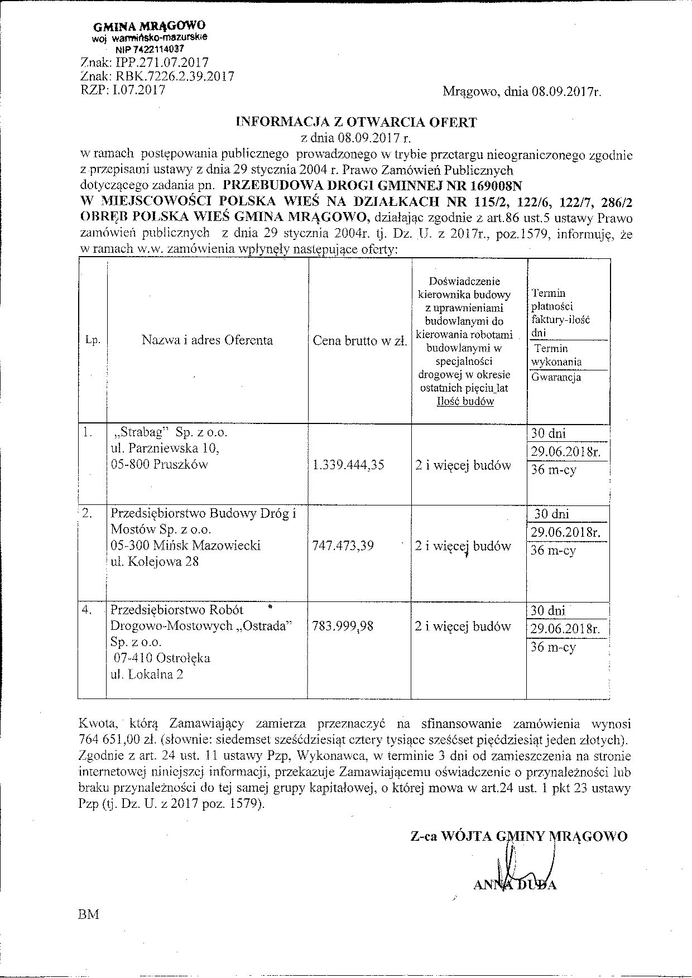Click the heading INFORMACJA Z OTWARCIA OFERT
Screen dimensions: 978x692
tap(357, 122)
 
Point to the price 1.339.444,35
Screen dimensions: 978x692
tap(349, 465)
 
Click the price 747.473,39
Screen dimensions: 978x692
tap(344, 546)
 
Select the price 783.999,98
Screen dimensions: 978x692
tap(344, 627)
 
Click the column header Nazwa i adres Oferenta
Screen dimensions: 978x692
tap(207, 340)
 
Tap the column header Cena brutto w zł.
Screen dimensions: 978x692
tap(360, 341)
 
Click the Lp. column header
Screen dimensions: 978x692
tap(93, 340)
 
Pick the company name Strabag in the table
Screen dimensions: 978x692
tap(136, 432)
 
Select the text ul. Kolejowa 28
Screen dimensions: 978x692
tap(155, 562)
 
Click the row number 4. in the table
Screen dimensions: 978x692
tap(87, 610)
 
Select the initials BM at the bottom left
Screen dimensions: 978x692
tap(90, 914)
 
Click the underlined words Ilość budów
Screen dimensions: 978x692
tap(465, 401)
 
